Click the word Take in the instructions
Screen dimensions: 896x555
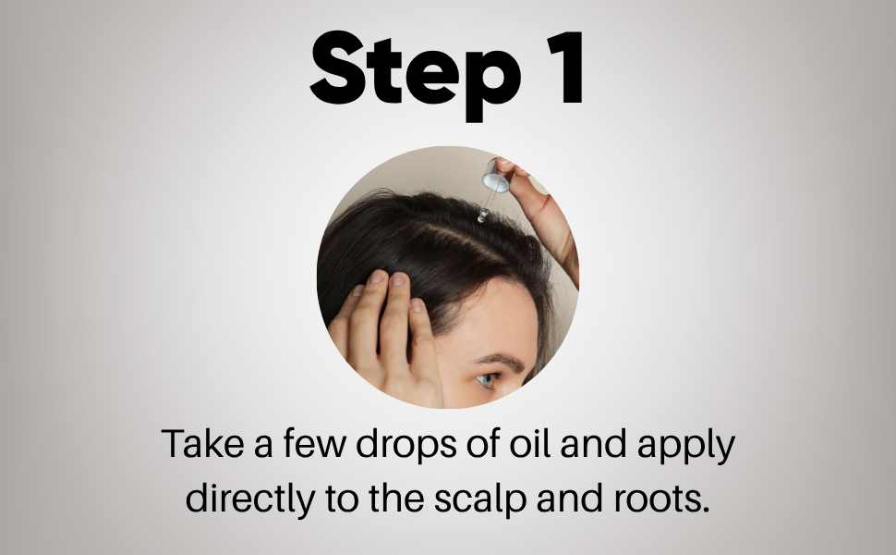203,444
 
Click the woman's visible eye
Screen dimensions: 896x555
486,380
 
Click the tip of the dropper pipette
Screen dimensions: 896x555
481,218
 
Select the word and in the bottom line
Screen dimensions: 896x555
570,499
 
